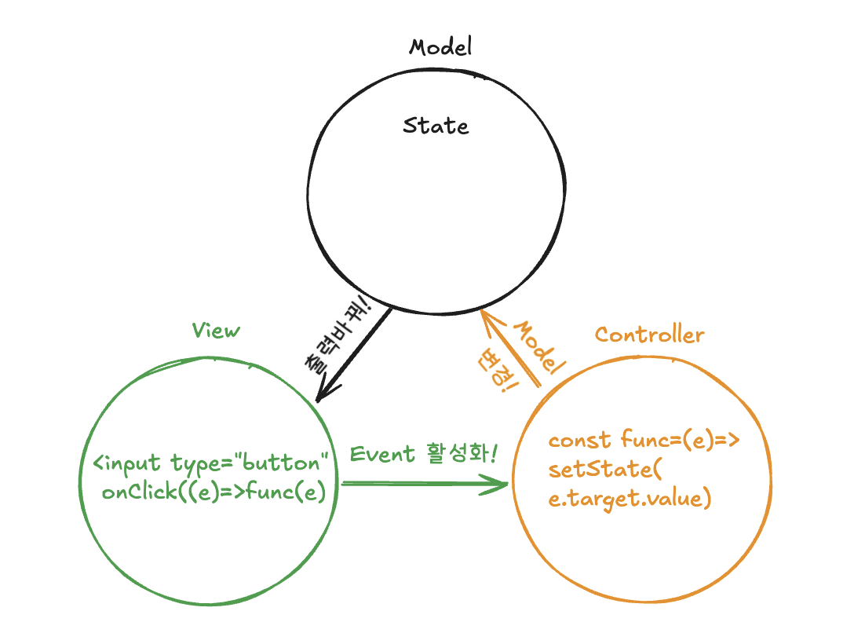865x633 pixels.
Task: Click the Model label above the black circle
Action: click(440, 47)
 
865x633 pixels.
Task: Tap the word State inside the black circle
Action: click(436, 126)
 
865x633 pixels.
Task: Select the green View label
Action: click(216, 331)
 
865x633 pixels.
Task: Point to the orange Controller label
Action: click(649, 335)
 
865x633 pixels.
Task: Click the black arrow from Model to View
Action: click(353, 355)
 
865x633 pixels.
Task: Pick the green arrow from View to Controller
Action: click(425, 484)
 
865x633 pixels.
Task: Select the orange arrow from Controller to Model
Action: click(509, 349)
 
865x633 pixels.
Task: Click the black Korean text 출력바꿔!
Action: click(338, 335)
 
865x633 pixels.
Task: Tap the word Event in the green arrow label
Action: click(381, 454)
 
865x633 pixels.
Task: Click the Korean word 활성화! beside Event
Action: click(462, 453)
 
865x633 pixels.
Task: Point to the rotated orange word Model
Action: click(539, 346)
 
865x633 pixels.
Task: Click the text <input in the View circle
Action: click(126, 463)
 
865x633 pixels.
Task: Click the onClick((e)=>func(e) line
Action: click(214, 491)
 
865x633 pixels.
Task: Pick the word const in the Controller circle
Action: click(579, 440)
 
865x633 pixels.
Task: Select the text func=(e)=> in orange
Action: click(680, 439)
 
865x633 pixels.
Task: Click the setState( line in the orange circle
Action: click(605, 469)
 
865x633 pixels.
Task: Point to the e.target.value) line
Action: click(630, 499)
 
